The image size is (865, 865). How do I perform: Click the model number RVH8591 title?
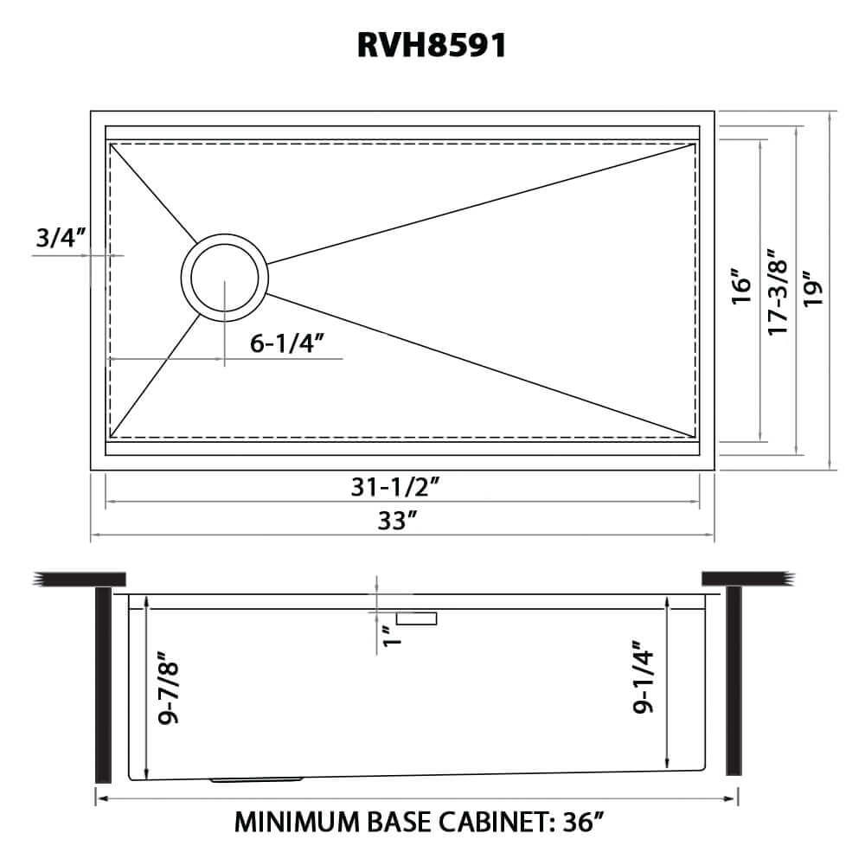coord(432,46)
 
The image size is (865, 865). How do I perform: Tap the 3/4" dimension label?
coord(59,237)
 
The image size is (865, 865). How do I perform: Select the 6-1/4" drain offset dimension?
coord(286,343)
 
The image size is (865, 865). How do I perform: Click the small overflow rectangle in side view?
coord(417,618)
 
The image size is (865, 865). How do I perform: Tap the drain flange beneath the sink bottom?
coord(256,779)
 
